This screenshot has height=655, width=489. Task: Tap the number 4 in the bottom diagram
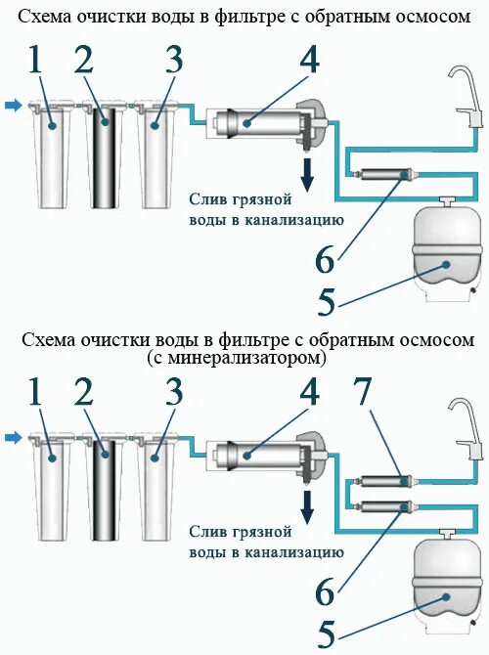(x=310, y=393)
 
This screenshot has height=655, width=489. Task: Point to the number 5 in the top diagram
(x=327, y=300)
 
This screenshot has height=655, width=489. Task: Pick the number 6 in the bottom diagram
(x=327, y=592)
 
